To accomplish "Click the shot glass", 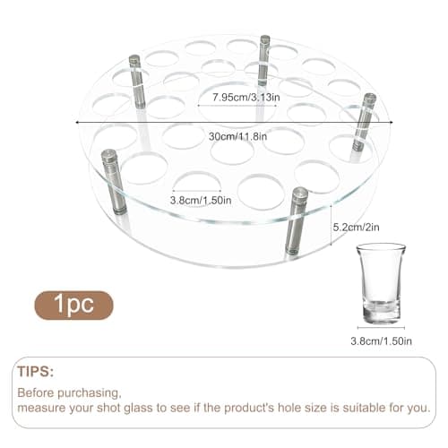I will coord(380,283).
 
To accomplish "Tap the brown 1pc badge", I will coord(74,305).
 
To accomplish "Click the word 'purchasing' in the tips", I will coord(92,392).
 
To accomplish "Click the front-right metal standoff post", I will coord(297,220).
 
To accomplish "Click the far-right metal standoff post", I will coord(364,121).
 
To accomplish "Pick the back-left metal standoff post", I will coord(137,82).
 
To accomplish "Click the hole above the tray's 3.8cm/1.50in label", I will coord(196,182).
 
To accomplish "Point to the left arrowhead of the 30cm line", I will coord(78,123).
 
